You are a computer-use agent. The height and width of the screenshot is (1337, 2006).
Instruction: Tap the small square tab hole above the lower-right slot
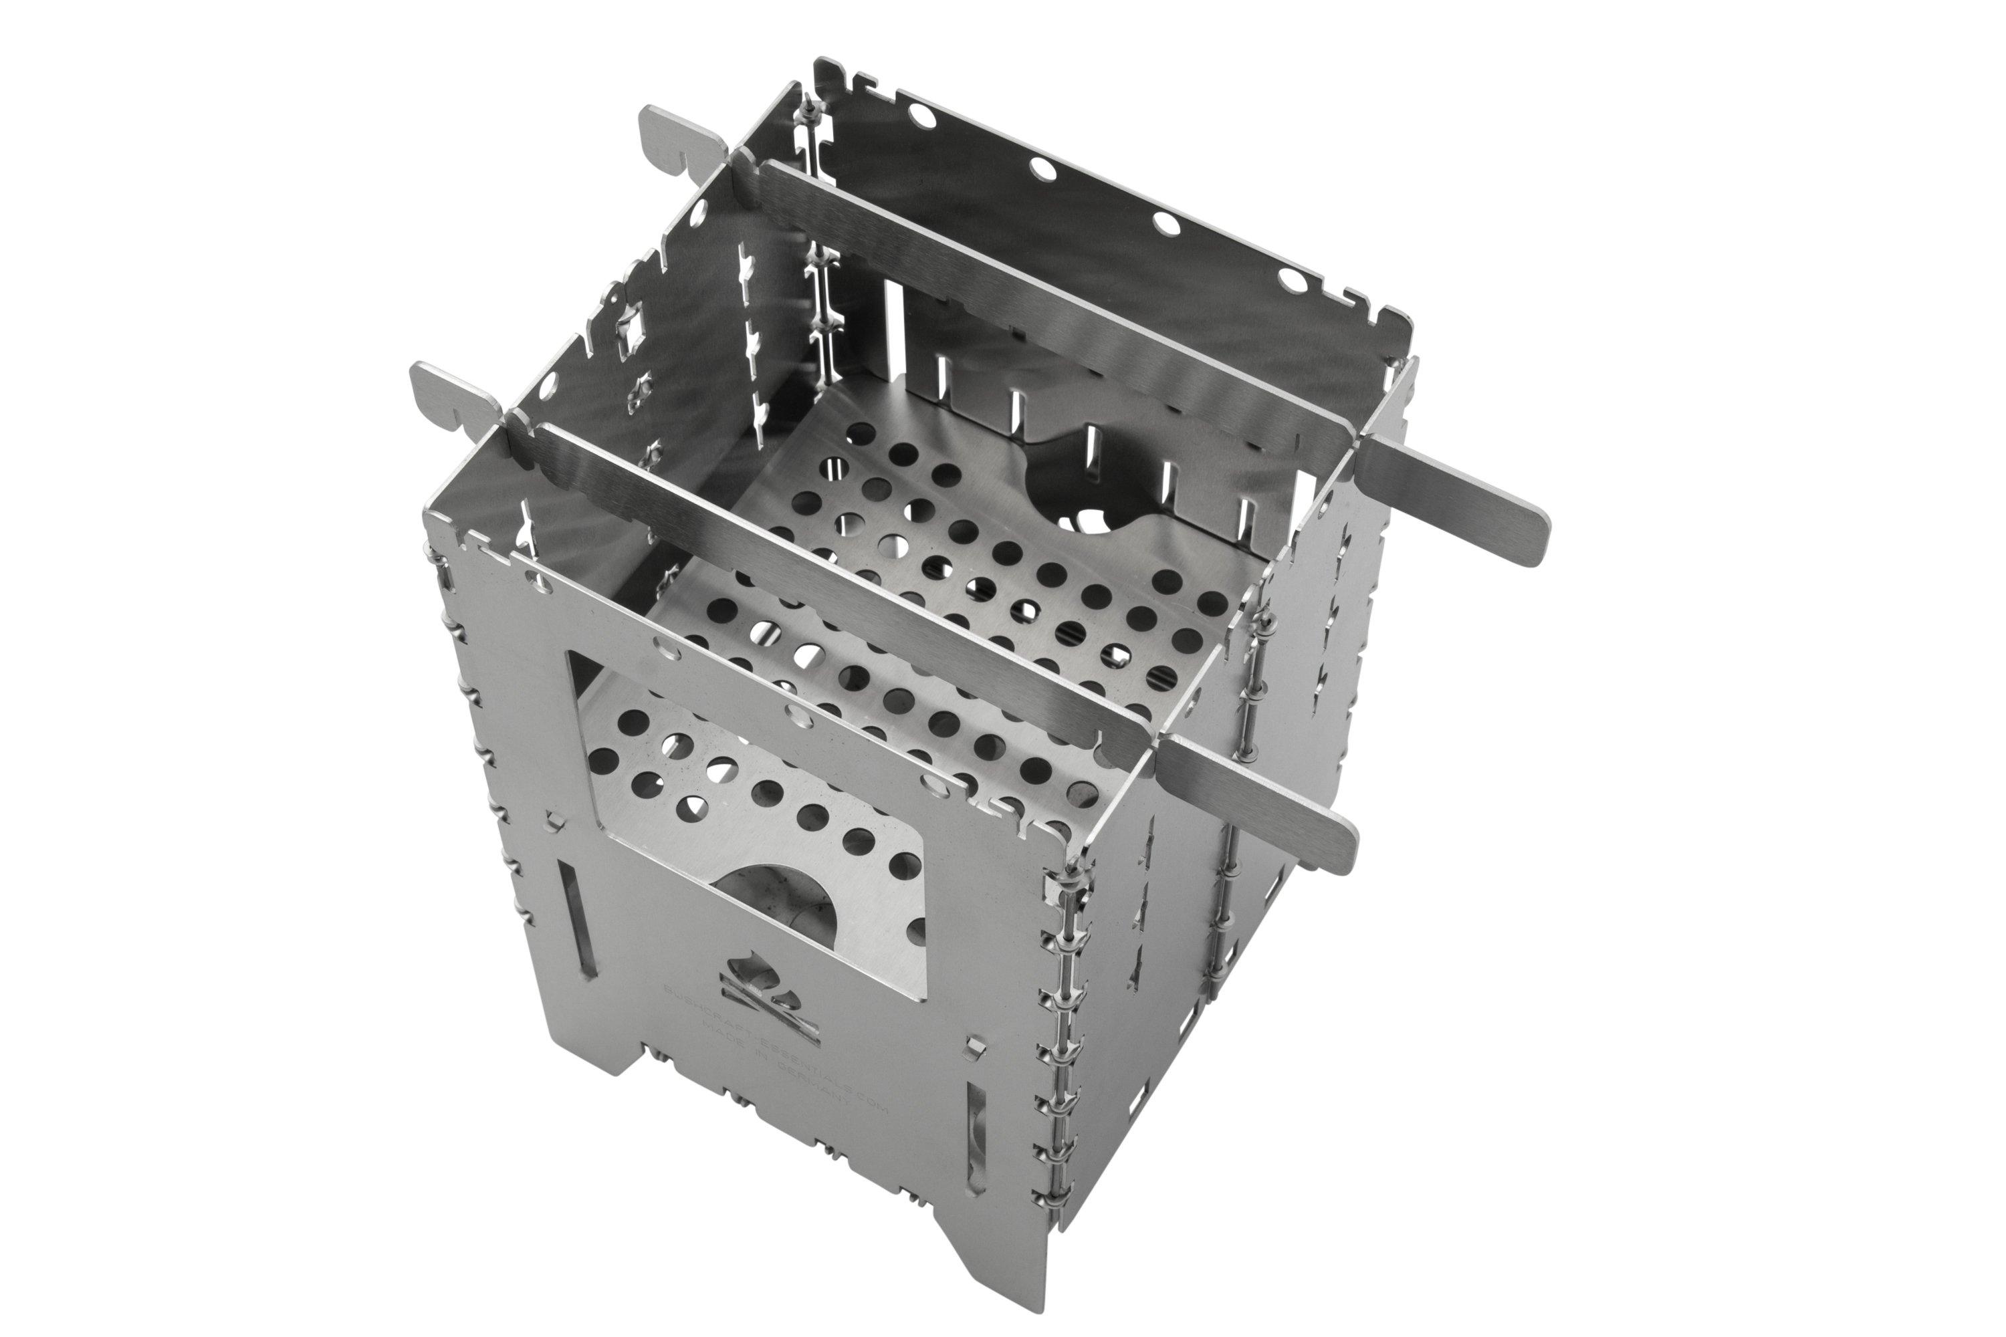[971, 1046]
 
